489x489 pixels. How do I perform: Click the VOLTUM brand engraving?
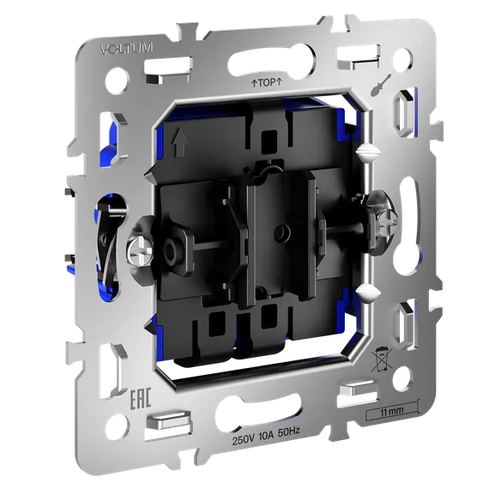127,49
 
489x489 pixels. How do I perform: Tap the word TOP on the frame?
268,82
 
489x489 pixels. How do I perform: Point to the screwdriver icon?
382,85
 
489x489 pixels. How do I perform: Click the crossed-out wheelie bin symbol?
382,360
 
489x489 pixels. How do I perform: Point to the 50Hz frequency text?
289,432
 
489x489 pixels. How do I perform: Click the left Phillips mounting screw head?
141,251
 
